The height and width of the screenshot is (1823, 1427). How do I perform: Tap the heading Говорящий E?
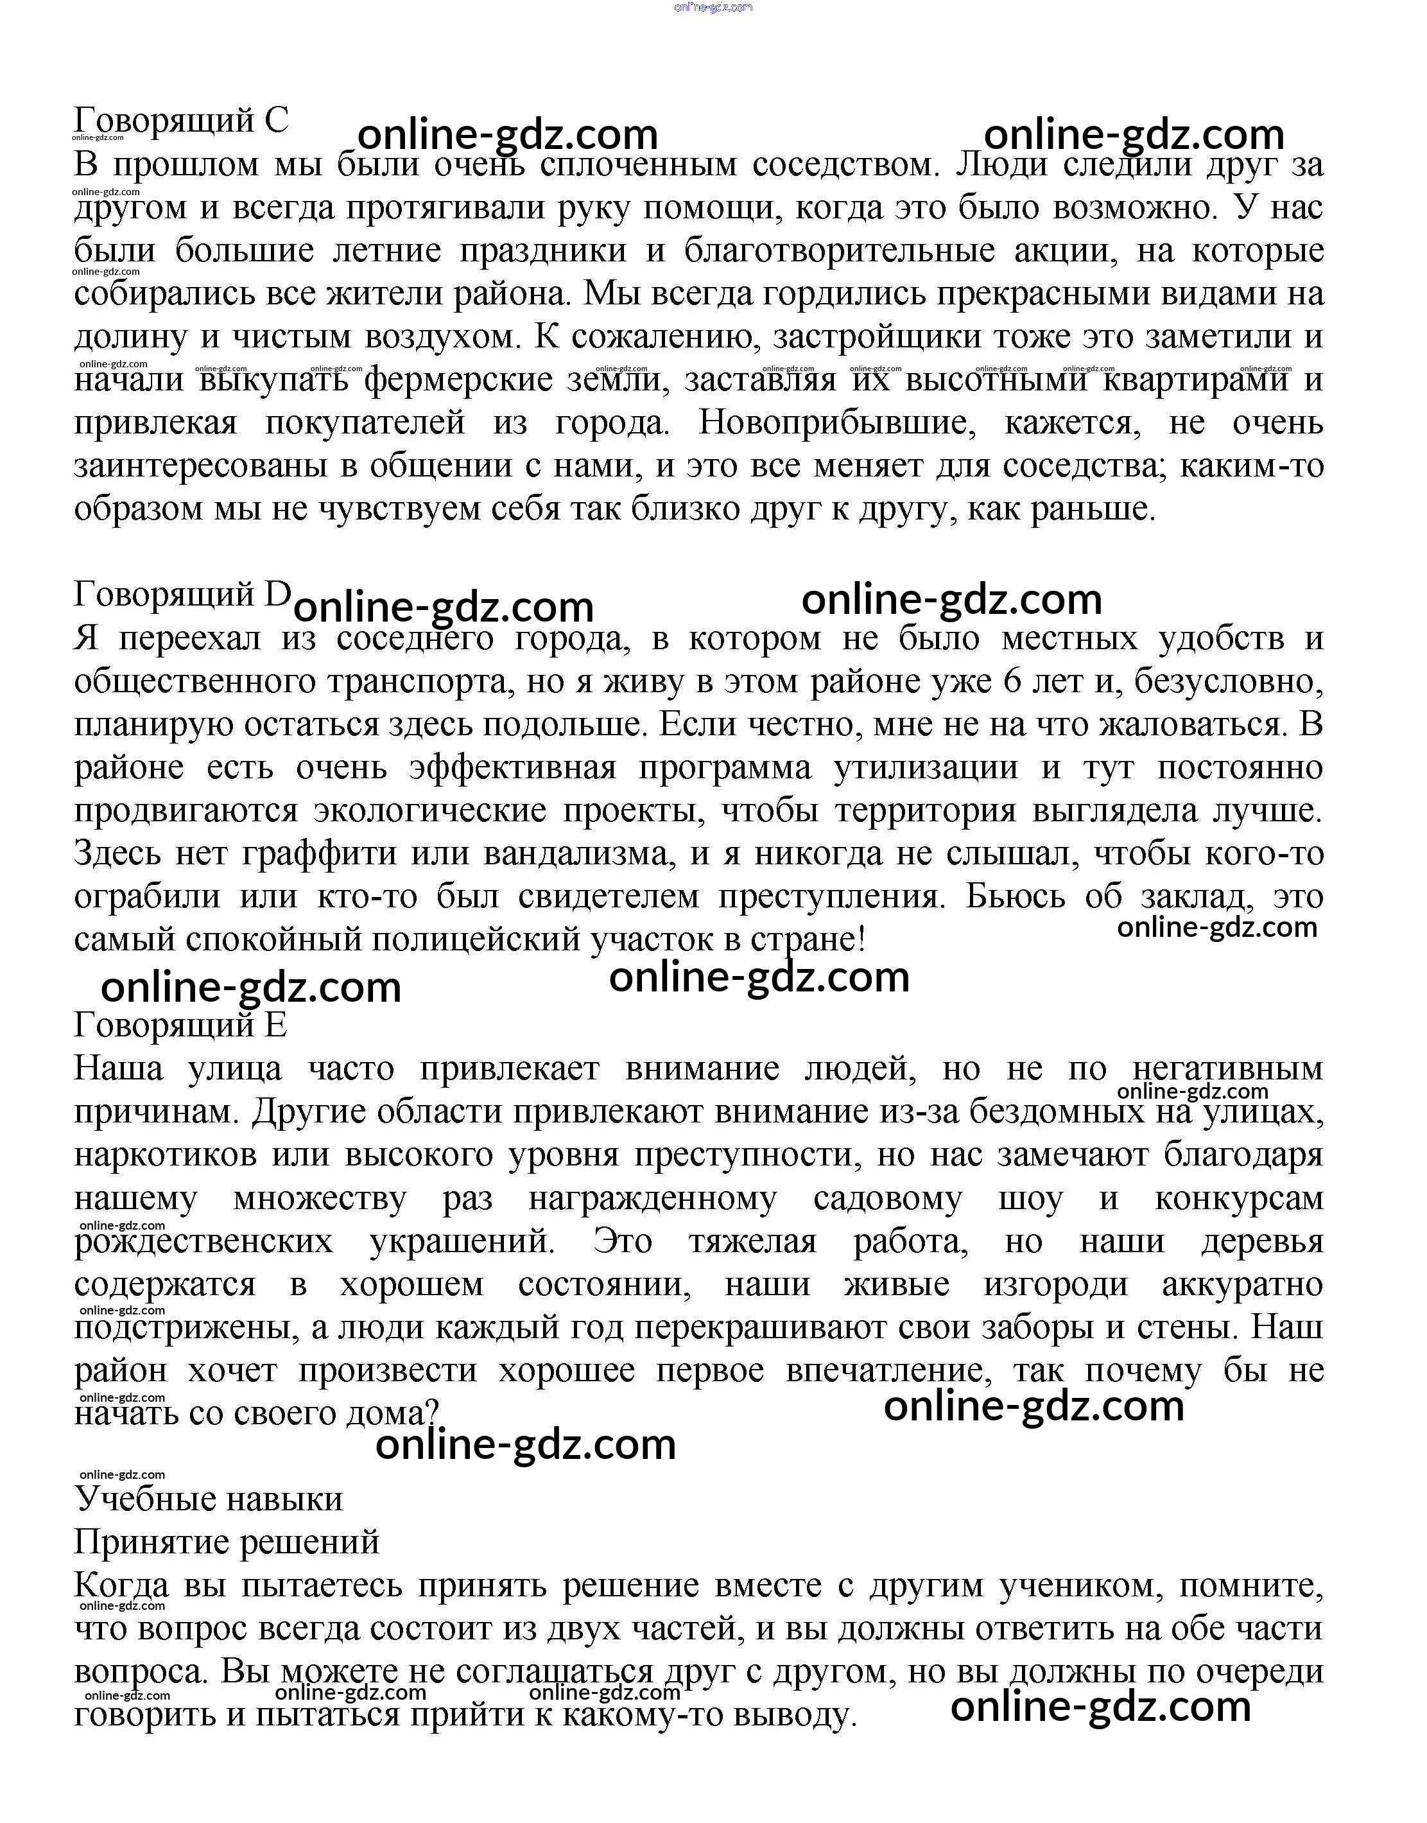click(180, 1025)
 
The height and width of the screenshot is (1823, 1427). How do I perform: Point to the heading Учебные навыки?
click(209, 1499)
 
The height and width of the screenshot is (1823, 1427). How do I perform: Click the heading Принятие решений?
click(227, 1542)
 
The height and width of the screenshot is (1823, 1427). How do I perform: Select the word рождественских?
click(203, 1242)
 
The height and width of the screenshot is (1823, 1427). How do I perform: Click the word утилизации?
click(926, 767)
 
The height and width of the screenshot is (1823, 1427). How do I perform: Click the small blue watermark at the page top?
click(713, 6)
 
